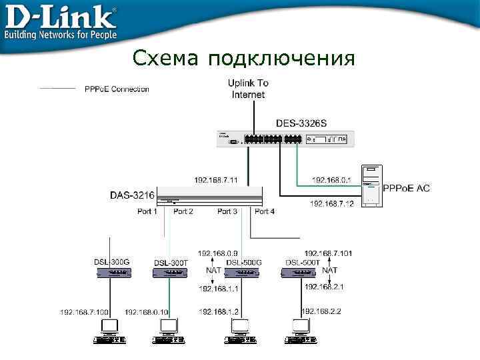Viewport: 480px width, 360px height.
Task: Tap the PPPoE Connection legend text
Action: [117, 89]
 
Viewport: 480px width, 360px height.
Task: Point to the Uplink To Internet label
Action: [248, 89]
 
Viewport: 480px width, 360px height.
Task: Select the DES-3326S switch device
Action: [285, 139]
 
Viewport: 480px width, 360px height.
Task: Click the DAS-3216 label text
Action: [133, 195]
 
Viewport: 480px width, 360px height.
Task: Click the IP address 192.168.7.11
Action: [216, 181]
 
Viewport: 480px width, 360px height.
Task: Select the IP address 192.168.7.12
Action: [332, 203]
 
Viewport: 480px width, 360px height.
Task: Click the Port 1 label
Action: [147, 211]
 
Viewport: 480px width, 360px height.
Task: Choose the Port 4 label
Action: [265, 211]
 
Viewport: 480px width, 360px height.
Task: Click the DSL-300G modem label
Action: [112, 262]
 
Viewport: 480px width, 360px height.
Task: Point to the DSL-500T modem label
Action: [302, 263]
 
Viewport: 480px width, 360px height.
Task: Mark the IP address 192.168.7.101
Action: [328, 253]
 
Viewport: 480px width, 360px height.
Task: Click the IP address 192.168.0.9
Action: [218, 253]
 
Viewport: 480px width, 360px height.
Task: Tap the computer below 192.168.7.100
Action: [109, 329]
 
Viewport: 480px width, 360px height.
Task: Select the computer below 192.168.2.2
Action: [301, 329]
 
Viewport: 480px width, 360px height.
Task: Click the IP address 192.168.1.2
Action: [219, 311]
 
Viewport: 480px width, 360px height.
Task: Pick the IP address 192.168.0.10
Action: [147, 311]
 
